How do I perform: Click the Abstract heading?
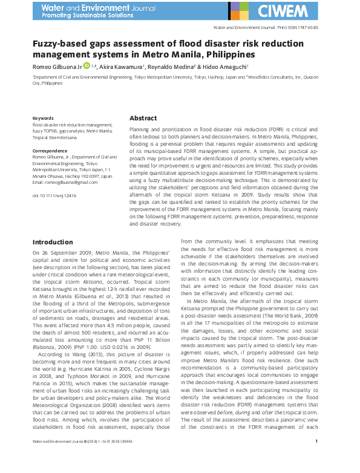143,119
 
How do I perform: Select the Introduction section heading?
53,242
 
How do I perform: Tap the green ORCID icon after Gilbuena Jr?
87,65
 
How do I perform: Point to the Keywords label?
43,118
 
